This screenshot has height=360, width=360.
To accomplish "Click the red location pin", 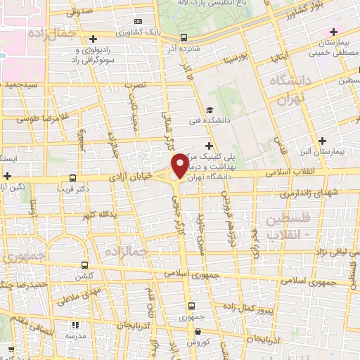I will pyautogui.click(x=181, y=166).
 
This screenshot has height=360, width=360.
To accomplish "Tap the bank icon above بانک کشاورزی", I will pyautogui.click(x=137, y=22).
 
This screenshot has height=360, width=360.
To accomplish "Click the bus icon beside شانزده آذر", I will pyautogui.click(x=184, y=37).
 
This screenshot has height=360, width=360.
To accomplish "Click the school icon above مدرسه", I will pyautogui.click(x=75, y=326).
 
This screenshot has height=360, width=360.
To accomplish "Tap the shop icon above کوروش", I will pyautogui.click(x=193, y=330).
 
